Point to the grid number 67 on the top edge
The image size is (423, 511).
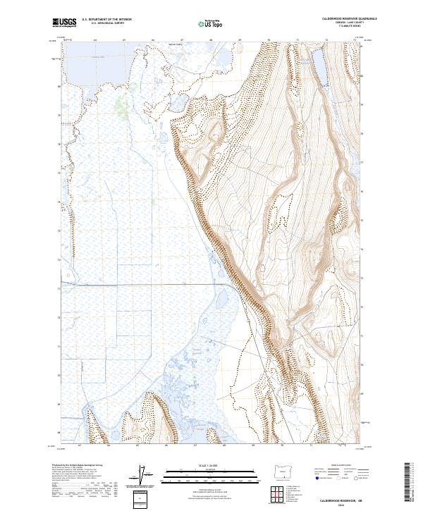(x=182, y=40)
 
